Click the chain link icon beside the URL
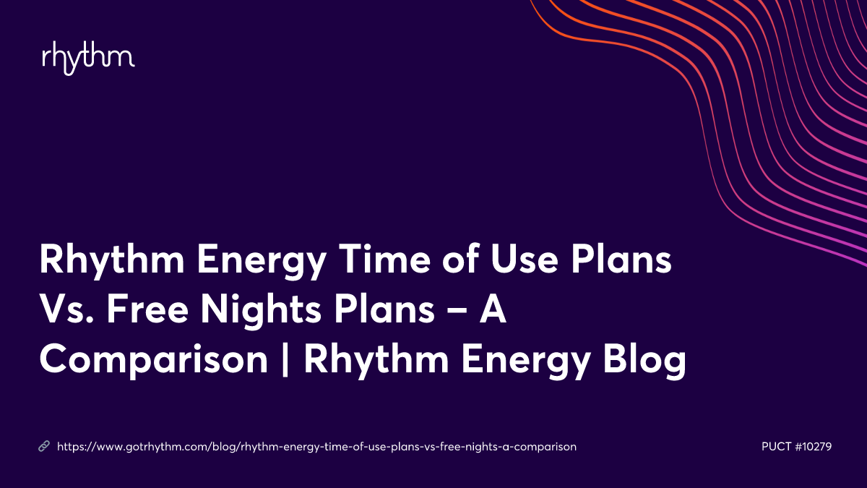coord(43,447)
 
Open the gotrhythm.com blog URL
coord(316,447)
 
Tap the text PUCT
coord(777,447)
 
